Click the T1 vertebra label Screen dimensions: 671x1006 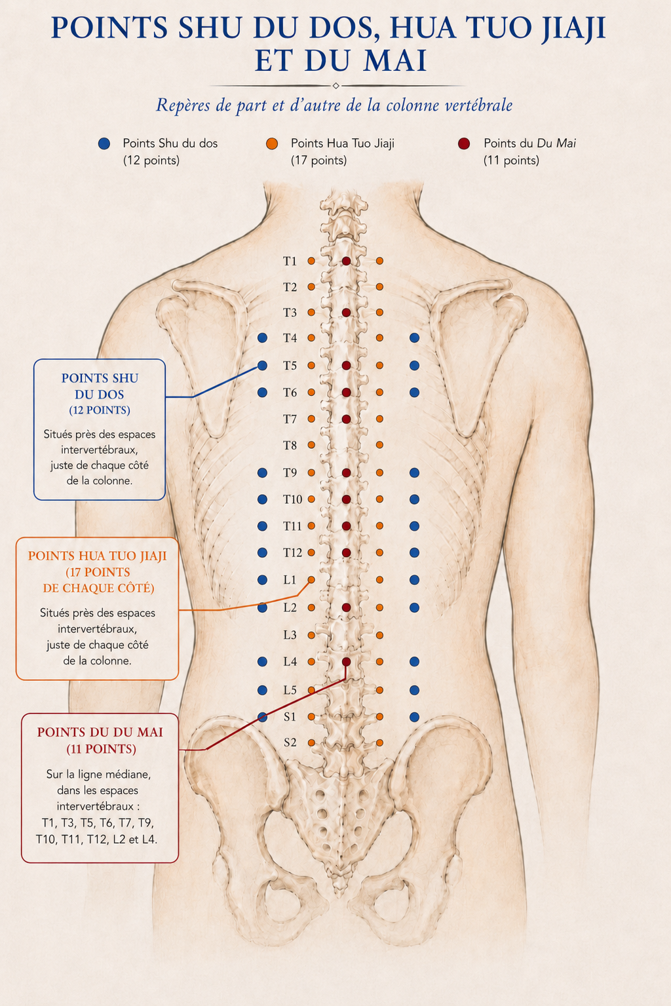click(290, 261)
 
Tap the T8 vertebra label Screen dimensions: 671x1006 click(290, 446)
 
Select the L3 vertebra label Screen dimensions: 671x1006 click(290, 635)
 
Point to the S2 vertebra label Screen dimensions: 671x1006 click(290, 743)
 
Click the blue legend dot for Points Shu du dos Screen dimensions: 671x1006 click(104, 144)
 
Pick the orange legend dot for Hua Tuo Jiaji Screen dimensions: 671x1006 click(272, 144)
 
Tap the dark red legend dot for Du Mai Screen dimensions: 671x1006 click(464, 144)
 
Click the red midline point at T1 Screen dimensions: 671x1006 click(346, 261)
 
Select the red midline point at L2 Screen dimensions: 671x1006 click(346, 608)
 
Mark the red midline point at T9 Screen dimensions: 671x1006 click(346, 473)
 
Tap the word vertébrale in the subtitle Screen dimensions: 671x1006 click(479, 106)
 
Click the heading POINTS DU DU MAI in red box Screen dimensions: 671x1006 click(100, 733)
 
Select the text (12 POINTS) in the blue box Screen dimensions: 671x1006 click(100, 410)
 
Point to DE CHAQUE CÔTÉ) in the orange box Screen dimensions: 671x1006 click(98, 589)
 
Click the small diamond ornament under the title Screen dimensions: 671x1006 click(335, 86)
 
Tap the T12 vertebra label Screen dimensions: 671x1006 click(292, 553)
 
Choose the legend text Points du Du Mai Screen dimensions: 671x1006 click(529, 144)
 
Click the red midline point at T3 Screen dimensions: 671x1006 click(346, 312)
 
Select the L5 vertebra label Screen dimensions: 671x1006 click(290, 690)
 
